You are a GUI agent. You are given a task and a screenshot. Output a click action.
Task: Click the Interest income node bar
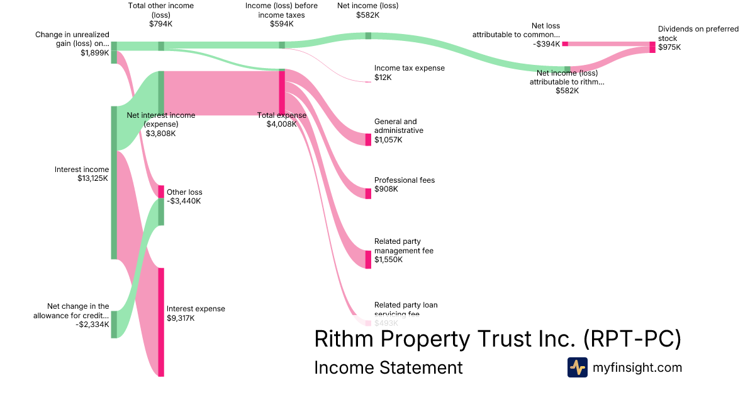click(x=114, y=182)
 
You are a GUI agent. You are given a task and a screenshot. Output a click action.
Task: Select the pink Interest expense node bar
click(x=161, y=322)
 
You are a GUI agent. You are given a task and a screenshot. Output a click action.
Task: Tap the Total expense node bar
click(x=282, y=91)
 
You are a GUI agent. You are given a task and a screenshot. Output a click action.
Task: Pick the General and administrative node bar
click(x=369, y=139)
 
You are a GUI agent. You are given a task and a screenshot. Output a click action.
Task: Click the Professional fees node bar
click(x=369, y=193)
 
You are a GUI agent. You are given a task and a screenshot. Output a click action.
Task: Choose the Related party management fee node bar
click(x=369, y=259)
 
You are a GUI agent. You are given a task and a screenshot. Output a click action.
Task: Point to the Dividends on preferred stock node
click(x=652, y=47)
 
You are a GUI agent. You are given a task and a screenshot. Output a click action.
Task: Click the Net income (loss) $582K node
click(x=369, y=35)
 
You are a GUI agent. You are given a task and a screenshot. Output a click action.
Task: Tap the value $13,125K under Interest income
click(x=93, y=178)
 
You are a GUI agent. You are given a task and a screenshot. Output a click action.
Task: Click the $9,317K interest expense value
click(x=181, y=318)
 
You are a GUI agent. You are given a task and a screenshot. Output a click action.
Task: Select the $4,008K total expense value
click(x=281, y=124)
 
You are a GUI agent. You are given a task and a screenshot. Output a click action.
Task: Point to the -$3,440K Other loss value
click(x=184, y=201)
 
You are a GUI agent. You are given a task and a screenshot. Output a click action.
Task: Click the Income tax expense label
click(x=409, y=68)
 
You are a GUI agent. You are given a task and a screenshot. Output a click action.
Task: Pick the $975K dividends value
click(x=669, y=47)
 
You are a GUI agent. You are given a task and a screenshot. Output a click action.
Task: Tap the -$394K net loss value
click(x=545, y=43)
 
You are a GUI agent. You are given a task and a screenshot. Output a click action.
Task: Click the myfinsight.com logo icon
click(x=577, y=367)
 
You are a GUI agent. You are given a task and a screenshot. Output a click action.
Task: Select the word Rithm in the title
click(x=344, y=339)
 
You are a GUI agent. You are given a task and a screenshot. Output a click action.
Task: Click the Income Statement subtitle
click(x=388, y=367)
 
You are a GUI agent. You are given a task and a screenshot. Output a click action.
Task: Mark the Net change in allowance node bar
click(x=114, y=324)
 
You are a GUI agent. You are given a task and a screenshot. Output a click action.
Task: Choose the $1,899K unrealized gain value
click(x=95, y=53)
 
